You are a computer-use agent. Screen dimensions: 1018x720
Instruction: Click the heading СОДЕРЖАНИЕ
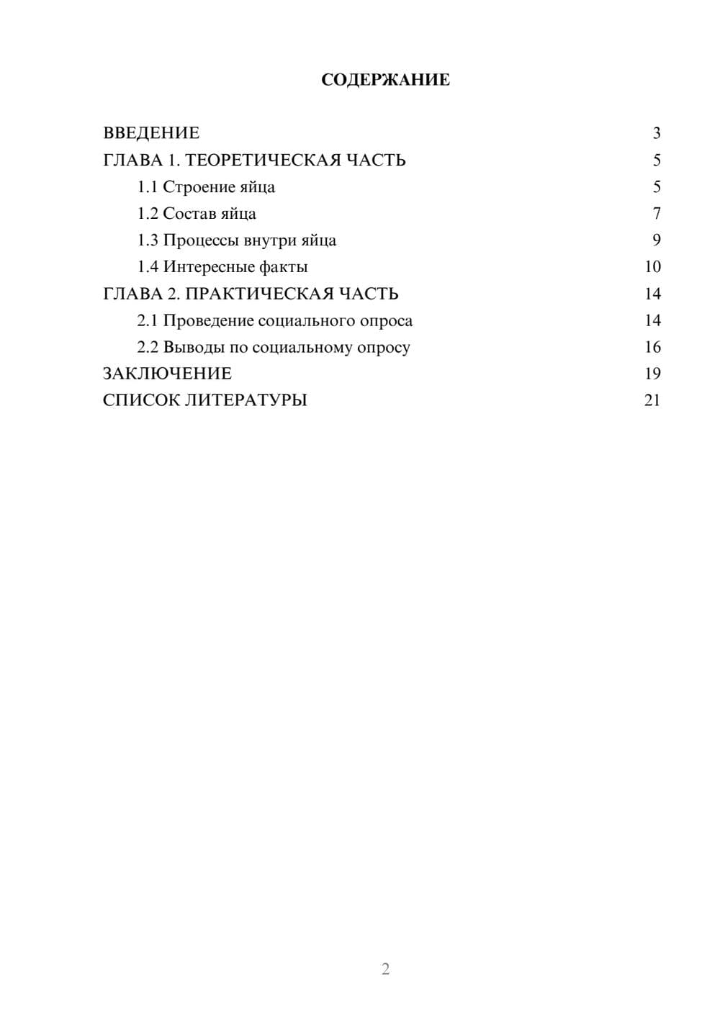385,80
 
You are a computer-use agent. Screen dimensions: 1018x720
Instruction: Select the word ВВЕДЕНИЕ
151,133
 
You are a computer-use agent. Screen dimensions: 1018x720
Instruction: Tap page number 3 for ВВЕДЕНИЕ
656,133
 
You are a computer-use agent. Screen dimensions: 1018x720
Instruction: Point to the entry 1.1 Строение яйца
206,187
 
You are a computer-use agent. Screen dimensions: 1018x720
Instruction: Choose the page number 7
656,214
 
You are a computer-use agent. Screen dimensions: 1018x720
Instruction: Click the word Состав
189,214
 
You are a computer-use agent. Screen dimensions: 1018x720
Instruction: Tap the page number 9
656,240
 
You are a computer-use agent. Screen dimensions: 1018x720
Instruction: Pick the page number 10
652,267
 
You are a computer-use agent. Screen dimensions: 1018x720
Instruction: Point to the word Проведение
208,320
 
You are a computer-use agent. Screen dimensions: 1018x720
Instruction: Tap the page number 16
652,347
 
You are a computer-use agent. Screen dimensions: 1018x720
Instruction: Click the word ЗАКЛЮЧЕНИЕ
167,374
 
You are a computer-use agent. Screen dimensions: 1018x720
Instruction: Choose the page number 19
652,374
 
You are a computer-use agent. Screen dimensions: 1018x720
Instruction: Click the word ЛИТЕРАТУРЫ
246,400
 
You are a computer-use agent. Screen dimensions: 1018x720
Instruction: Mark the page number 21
652,400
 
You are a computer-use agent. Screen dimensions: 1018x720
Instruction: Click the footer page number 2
385,969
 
